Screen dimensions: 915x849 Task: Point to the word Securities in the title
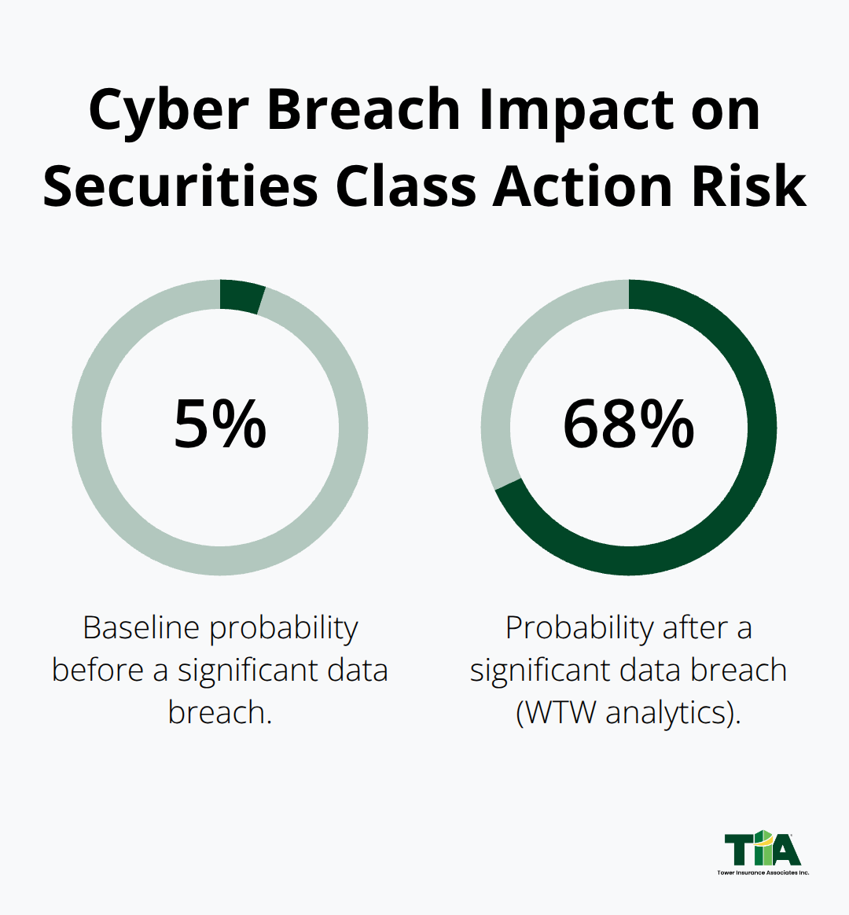coord(180,187)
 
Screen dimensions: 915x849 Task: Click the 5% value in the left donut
coord(220,424)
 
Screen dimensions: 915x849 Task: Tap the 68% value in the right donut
coord(628,424)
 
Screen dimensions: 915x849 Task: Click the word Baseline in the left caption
coord(141,628)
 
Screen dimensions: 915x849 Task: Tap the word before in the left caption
coord(97,671)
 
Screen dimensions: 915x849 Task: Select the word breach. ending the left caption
coord(220,712)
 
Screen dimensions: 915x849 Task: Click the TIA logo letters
coord(762,850)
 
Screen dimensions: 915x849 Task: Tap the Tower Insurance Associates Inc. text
coord(762,873)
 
